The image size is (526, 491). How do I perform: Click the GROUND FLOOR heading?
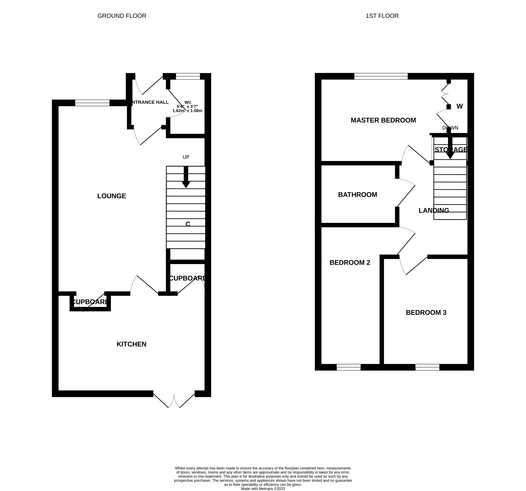coord(122,16)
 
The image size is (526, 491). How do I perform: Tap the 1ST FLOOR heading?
coord(382,16)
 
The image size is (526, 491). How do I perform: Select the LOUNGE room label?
coord(111,196)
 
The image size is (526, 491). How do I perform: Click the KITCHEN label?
coord(131,344)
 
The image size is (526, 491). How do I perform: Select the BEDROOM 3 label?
coord(426,313)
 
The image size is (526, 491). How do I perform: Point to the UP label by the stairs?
coord(186,157)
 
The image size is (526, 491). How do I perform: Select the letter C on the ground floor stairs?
coord(188,224)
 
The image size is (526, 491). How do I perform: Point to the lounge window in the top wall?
coord(92,103)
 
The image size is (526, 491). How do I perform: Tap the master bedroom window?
coord(381,76)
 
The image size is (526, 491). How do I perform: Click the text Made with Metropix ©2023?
coord(263,489)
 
